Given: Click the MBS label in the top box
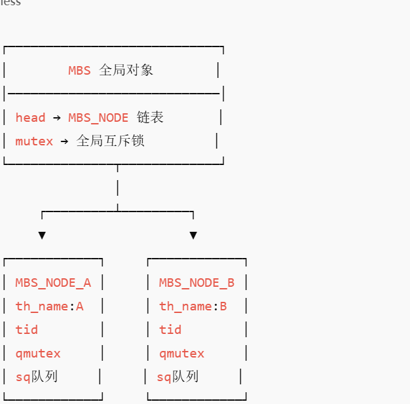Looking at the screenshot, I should tap(79, 70).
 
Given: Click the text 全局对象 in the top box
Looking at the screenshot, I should tap(126, 70).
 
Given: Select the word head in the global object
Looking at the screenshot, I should tap(30, 118).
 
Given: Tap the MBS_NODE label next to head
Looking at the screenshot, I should tap(98, 118).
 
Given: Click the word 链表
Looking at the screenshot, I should tap(150, 118).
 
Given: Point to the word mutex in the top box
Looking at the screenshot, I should tap(34, 141).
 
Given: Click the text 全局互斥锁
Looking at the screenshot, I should tap(110, 141).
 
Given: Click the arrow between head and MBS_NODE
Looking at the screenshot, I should tap(57, 118).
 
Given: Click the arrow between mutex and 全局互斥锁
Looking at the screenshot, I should tap(64, 141).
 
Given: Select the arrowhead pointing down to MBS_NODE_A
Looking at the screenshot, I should tap(42, 235).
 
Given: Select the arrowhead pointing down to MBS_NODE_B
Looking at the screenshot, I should tap(193, 235).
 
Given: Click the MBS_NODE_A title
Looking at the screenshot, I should tap(53, 283).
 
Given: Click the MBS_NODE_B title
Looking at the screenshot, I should tap(196, 283).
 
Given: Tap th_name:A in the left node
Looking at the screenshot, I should tap(50, 306).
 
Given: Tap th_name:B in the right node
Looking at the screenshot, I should tap(193, 306).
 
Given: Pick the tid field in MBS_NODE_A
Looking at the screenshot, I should tap(27, 330).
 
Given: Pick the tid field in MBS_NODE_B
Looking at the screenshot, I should tap(170, 330).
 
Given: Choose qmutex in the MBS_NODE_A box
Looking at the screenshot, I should tap(38, 354).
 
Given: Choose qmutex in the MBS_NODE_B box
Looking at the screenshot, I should tap(181, 354).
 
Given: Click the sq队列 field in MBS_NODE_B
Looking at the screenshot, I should tap(177, 376).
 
